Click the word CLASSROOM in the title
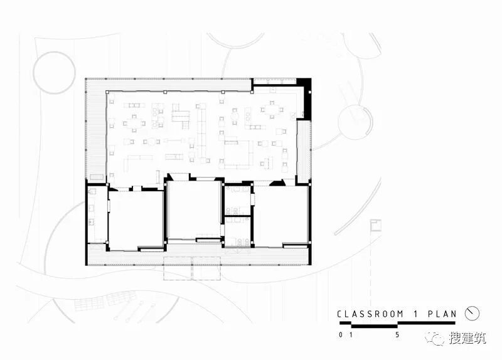coord(370,314)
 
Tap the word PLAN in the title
coord(442,314)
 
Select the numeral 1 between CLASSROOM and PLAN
coord(415,314)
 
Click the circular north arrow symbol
coord(472,314)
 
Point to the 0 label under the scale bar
coord(340,335)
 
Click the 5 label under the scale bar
coord(397,335)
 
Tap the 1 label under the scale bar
coord(351,335)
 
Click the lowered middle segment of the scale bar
coord(375,326)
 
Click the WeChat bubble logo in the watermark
coord(435,338)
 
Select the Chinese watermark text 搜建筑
coord(467,338)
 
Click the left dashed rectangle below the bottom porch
coord(178,268)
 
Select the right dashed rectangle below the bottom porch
coord(206,268)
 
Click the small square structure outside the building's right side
coord(376,225)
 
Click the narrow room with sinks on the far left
coord(97,214)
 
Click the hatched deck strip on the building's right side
coord(304,151)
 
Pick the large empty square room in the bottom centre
coord(194,210)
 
